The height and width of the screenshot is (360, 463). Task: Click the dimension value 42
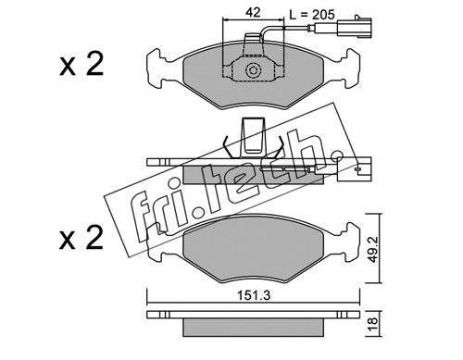[x=253, y=13]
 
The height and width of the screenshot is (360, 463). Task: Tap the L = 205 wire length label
[x=312, y=14]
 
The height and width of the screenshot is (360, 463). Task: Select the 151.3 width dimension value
[x=254, y=295]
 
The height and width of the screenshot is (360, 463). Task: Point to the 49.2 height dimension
[x=373, y=248]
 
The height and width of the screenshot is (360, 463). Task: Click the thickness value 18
[x=373, y=324]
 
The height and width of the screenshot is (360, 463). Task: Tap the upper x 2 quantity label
[x=81, y=64]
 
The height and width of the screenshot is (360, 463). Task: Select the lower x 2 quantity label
[x=81, y=237]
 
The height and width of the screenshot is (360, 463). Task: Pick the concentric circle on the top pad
[x=254, y=70]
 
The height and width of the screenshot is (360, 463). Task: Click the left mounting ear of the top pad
[x=157, y=68]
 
